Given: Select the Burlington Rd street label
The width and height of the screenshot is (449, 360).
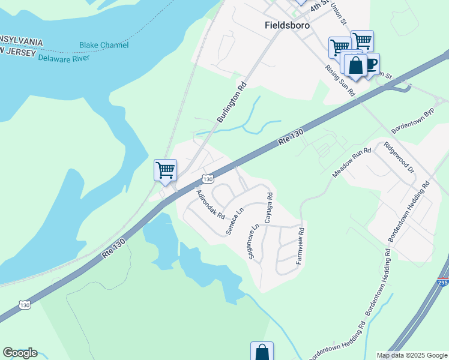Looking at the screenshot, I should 232,103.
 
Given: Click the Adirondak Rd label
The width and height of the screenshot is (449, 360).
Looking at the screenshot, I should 210,204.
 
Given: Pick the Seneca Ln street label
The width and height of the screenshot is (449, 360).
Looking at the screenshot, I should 235,221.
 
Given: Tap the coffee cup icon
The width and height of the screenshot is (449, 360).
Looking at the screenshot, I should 370,62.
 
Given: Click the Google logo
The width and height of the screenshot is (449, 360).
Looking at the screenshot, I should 20,353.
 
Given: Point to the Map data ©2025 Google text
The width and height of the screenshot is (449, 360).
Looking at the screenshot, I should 412,355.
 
